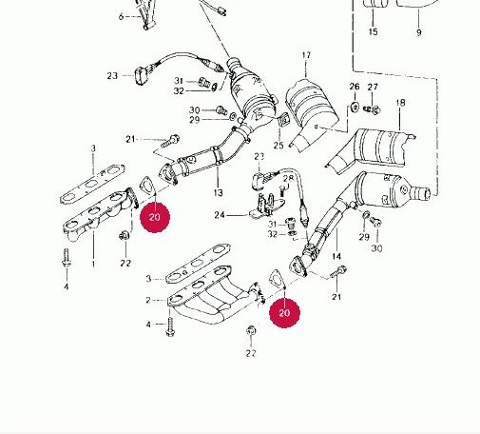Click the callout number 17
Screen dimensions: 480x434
tap(306, 55)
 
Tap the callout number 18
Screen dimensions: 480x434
tap(400, 103)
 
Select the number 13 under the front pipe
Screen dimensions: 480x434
tap(218, 192)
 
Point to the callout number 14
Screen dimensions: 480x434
tap(336, 256)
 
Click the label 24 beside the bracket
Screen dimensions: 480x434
tap(220, 215)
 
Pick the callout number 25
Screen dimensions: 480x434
tap(278, 146)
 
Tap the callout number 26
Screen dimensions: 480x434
tap(355, 87)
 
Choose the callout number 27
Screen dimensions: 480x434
tap(373, 87)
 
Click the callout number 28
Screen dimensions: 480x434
tap(288, 179)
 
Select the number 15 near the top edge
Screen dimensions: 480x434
tap(374, 31)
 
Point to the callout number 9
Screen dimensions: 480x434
tap(419, 32)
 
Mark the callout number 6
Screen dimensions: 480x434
tap(121, 16)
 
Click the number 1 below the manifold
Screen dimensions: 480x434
tap(93, 264)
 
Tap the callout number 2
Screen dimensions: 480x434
tap(148, 300)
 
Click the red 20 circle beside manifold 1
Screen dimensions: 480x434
tap(155, 217)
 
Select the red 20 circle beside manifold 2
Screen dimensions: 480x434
tap(284, 313)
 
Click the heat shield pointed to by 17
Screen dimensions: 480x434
tap(312, 111)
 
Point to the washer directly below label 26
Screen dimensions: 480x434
tap(355, 107)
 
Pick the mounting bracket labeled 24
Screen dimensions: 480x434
tap(265, 206)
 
